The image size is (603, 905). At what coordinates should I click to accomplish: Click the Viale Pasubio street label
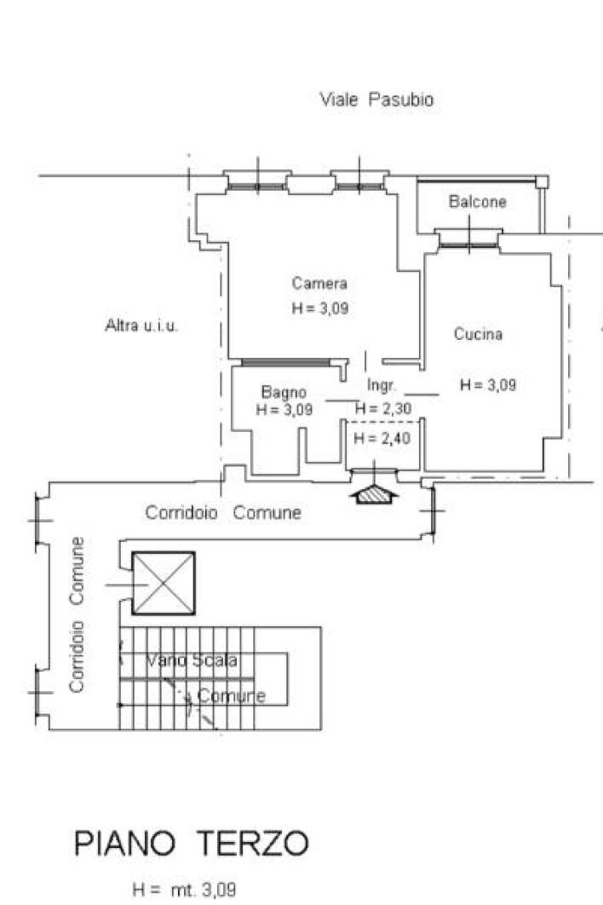(x=376, y=99)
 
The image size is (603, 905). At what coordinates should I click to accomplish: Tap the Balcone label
(x=477, y=201)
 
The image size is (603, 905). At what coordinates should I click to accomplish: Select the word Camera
(x=319, y=283)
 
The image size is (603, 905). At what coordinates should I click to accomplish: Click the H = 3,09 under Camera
(x=319, y=308)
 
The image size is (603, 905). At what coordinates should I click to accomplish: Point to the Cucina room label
(x=478, y=333)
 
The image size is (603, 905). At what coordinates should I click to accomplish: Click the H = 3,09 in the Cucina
(x=487, y=385)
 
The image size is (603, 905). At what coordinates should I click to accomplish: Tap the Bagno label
(x=284, y=392)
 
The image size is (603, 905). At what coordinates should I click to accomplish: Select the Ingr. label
(x=381, y=385)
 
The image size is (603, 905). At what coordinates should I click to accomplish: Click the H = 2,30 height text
(x=383, y=409)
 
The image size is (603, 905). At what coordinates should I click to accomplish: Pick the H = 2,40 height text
(x=382, y=438)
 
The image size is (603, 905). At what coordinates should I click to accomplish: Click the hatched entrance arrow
(x=375, y=493)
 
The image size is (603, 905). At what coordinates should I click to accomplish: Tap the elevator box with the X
(x=164, y=583)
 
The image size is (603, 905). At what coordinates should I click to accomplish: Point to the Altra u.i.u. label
(x=141, y=326)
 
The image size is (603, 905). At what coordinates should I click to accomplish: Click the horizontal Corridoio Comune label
(x=223, y=512)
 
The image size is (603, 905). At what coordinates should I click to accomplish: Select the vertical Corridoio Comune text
(x=76, y=614)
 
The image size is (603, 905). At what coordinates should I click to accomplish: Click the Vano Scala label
(x=191, y=660)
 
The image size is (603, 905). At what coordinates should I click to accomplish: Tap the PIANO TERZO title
(x=191, y=844)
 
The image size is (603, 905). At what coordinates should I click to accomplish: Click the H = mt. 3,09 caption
(x=184, y=890)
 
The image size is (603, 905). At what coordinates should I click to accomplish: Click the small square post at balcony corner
(x=542, y=182)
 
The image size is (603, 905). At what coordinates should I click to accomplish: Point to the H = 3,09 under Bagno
(x=284, y=409)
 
